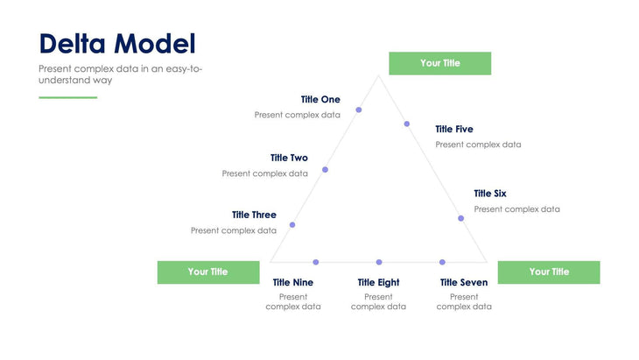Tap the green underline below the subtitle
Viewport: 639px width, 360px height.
pyautogui.click(x=68, y=97)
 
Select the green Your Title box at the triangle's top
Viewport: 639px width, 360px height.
pyautogui.click(x=439, y=63)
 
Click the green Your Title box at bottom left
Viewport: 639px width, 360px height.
pyautogui.click(x=208, y=272)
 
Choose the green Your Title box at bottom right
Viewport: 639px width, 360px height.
pyautogui.click(x=549, y=272)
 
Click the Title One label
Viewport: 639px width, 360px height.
pyautogui.click(x=320, y=100)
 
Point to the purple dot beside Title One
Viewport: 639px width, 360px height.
pyautogui.click(x=359, y=109)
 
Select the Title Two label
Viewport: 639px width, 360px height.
pyautogui.click(x=289, y=158)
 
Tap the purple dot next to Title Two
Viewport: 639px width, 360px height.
pyautogui.click(x=325, y=169)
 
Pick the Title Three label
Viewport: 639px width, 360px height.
pyautogui.click(x=254, y=215)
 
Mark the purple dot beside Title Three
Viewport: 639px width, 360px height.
pyautogui.click(x=292, y=225)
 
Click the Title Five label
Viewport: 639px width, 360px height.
pyautogui.click(x=454, y=130)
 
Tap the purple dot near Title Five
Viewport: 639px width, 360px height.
pyautogui.click(x=406, y=124)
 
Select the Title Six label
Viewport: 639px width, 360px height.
pyautogui.click(x=490, y=194)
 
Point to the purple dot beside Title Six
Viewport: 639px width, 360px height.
pyautogui.click(x=460, y=218)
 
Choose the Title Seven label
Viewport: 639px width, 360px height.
pyautogui.click(x=464, y=283)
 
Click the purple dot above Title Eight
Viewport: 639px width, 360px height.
pyautogui.click(x=379, y=262)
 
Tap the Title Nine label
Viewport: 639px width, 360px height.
pyautogui.click(x=293, y=283)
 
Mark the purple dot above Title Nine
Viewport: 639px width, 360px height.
pyautogui.click(x=316, y=262)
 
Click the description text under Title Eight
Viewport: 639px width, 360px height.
pyautogui.click(x=379, y=302)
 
